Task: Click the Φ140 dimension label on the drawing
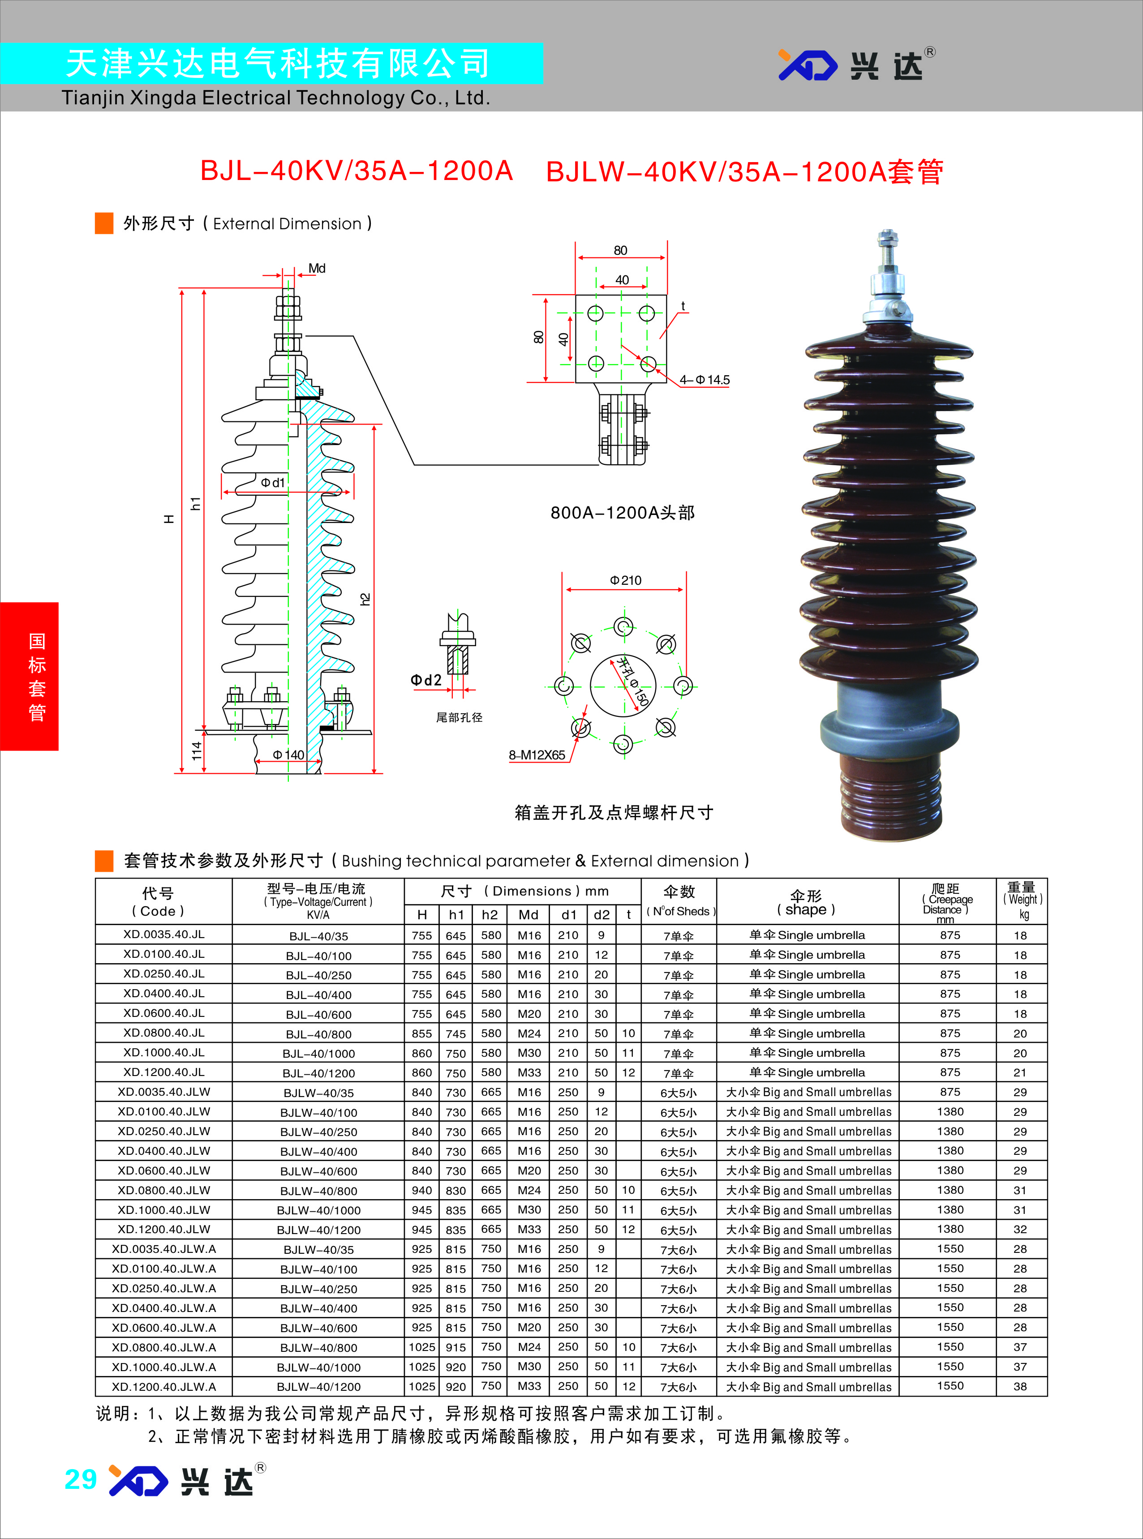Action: click(288, 754)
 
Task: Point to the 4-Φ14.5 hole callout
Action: click(705, 380)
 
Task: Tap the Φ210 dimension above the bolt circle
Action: click(625, 580)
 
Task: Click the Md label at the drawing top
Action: click(317, 268)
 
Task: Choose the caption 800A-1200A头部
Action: click(622, 513)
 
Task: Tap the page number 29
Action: click(80, 1479)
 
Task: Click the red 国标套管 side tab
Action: click(29, 677)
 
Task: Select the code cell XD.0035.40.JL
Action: click(164, 935)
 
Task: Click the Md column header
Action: click(529, 914)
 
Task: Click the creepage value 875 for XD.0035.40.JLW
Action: click(950, 1092)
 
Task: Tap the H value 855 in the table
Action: click(421, 1033)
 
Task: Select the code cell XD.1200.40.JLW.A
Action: click(164, 1386)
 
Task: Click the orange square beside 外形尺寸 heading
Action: click(104, 223)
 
